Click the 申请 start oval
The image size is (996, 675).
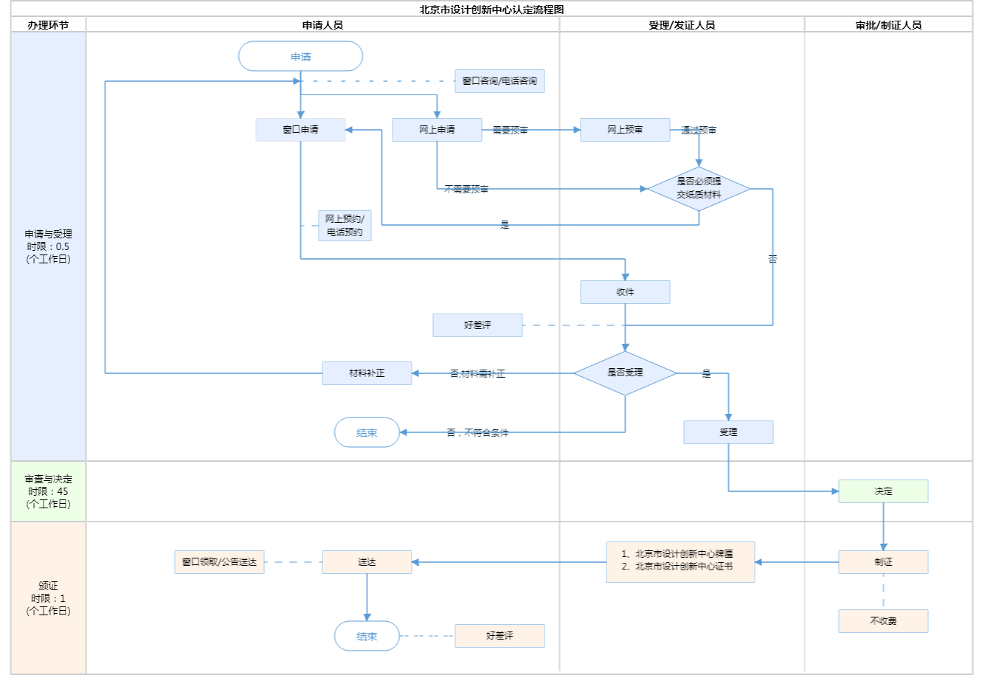300,57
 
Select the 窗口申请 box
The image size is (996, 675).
300,130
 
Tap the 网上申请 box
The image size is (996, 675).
437,130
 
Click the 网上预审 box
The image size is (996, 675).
625,130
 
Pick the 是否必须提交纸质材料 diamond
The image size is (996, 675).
699,189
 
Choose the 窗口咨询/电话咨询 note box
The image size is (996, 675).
499,81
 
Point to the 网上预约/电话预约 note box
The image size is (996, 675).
345,226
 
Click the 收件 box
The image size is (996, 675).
625,292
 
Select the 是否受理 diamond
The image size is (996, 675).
625,373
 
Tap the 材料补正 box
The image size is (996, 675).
367,373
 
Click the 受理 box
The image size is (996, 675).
728,432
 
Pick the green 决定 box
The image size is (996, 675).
883,491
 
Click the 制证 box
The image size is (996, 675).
883,562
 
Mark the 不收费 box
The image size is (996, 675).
883,621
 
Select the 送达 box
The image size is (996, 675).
367,562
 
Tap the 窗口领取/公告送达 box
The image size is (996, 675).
219,562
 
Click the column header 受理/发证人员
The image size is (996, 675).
682,25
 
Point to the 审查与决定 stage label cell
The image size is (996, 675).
48,491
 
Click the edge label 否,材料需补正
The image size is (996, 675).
477,374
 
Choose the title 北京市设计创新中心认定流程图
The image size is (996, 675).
491,10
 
